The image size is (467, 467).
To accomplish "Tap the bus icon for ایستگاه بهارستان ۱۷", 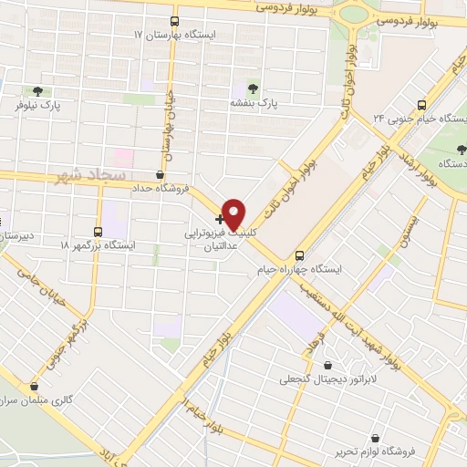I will [175, 20].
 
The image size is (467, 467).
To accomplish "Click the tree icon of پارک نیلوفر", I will [37, 91].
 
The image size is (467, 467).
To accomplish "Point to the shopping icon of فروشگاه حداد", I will [161, 173].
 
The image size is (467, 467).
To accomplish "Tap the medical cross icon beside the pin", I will [219, 219].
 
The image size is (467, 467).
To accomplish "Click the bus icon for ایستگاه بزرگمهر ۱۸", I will [99, 232].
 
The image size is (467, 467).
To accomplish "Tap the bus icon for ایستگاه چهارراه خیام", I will [300, 254].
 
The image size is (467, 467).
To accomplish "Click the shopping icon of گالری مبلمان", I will [34, 386].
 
